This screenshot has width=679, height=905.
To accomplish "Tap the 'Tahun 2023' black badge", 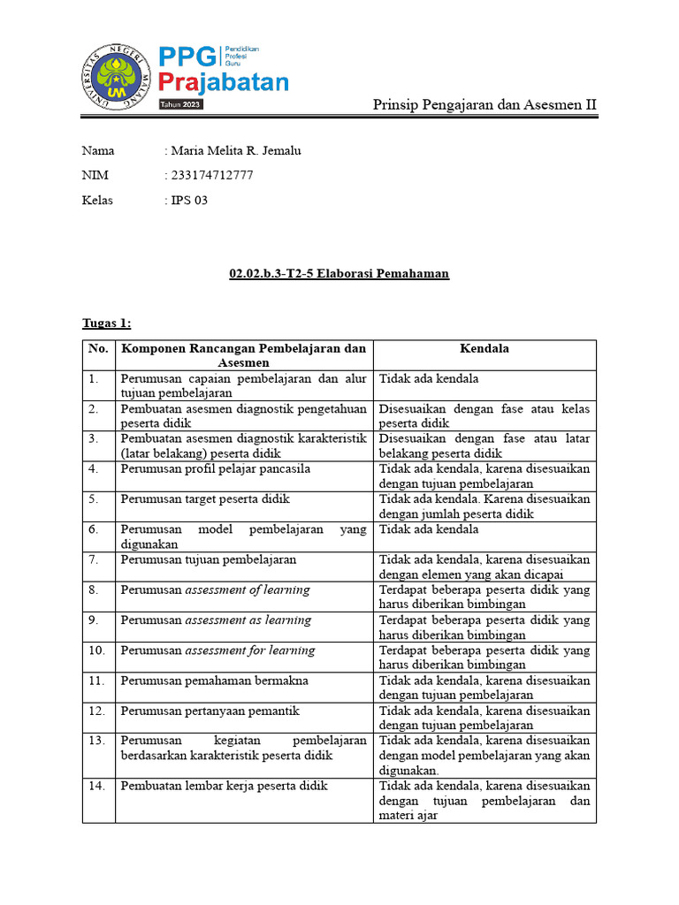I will [x=180, y=105].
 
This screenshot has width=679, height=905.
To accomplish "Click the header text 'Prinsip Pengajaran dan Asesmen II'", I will [x=484, y=105].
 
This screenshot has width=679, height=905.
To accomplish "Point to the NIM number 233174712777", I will [x=212, y=175].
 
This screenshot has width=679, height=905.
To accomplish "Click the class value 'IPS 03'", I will [x=189, y=200].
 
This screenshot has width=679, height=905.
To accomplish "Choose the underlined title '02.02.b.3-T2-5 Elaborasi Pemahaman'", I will [x=339, y=274].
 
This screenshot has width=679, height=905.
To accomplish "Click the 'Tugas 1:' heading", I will [x=106, y=323].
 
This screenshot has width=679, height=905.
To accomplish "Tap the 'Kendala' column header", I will [x=484, y=348].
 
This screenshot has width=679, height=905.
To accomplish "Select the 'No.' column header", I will [x=98, y=348].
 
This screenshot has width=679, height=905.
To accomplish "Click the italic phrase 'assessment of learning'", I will [x=248, y=589].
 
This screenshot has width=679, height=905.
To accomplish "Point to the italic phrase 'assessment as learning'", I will [x=248, y=620].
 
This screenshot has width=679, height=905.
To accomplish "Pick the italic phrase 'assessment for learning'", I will [x=249, y=650].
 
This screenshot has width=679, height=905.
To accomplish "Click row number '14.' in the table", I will [x=96, y=786].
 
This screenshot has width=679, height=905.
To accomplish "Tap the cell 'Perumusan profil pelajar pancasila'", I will [x=216, y=468].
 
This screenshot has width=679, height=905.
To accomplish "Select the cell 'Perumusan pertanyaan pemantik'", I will [x=210, y=711].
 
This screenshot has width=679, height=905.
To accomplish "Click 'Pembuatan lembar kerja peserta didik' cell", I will [x=225, y=786].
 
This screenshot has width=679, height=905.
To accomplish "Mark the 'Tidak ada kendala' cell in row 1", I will [x=430, y=378].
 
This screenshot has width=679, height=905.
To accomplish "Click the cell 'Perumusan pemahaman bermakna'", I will [x=215, y=681].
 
